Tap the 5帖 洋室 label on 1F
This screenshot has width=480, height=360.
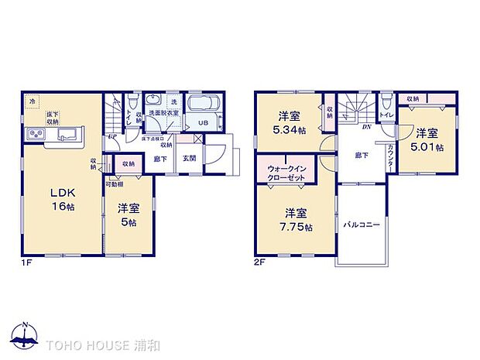click(x=128, y=214)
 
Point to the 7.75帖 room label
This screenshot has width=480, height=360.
click(x=297, y=219)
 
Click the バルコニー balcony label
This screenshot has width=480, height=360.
click(x=362, y=225)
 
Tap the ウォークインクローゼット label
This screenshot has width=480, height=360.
click(x=285, y=171)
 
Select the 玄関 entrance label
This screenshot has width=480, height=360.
click(x=189, y=158)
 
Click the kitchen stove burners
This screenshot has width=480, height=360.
click(x=37, y=135)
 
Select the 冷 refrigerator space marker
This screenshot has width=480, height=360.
click(x=33, y=101)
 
